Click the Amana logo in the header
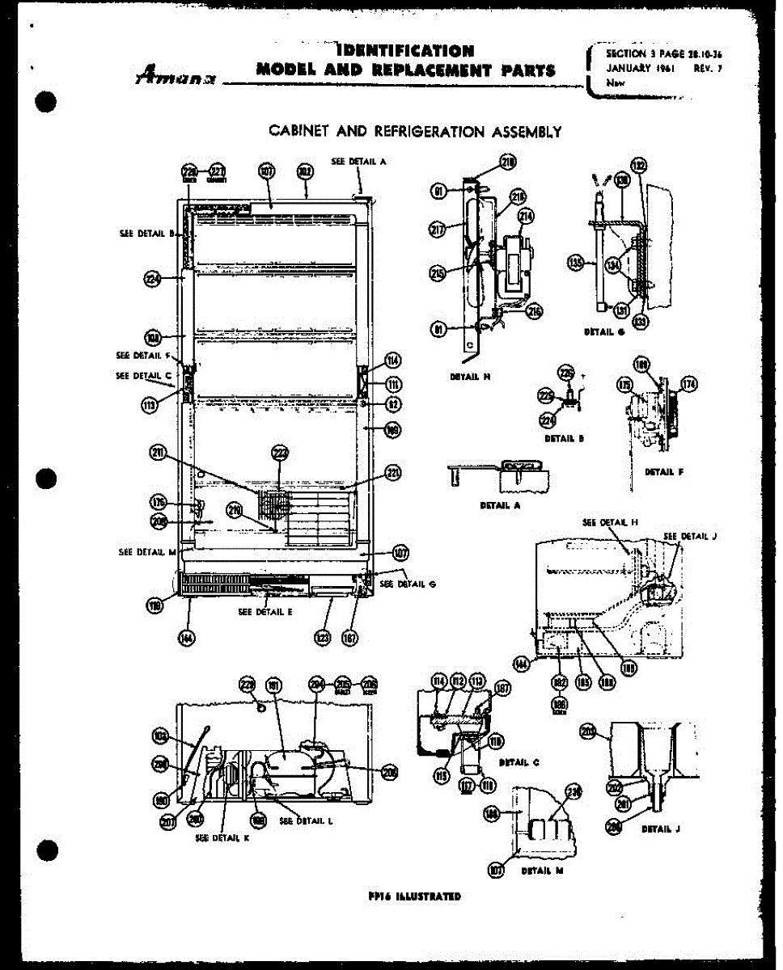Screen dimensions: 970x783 point(174,74)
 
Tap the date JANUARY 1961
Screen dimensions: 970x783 point(641,68)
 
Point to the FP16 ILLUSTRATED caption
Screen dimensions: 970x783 point(413,896)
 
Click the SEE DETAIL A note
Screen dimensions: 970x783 point(358,161)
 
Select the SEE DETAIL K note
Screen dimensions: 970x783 point(222,838)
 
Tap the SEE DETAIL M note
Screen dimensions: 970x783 point(146,552)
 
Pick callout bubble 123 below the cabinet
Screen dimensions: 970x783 point(323,639)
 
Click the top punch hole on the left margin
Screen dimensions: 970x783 point(46,103)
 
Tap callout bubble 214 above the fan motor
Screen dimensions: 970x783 point(527,216)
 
